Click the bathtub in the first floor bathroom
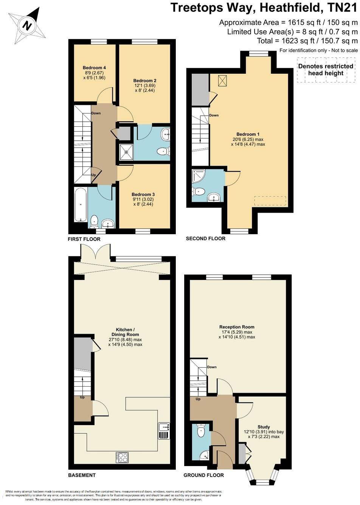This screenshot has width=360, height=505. [x=80, y=204]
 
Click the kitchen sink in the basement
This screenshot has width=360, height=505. [x=164, y=427]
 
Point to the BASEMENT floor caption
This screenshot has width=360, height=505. [x=82, y=475]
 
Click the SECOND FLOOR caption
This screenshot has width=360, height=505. [x=205, y=239]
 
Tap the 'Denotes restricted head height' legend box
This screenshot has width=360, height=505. [x=326, y=70]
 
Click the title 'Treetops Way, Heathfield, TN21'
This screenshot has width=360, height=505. [x=264, y=8]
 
